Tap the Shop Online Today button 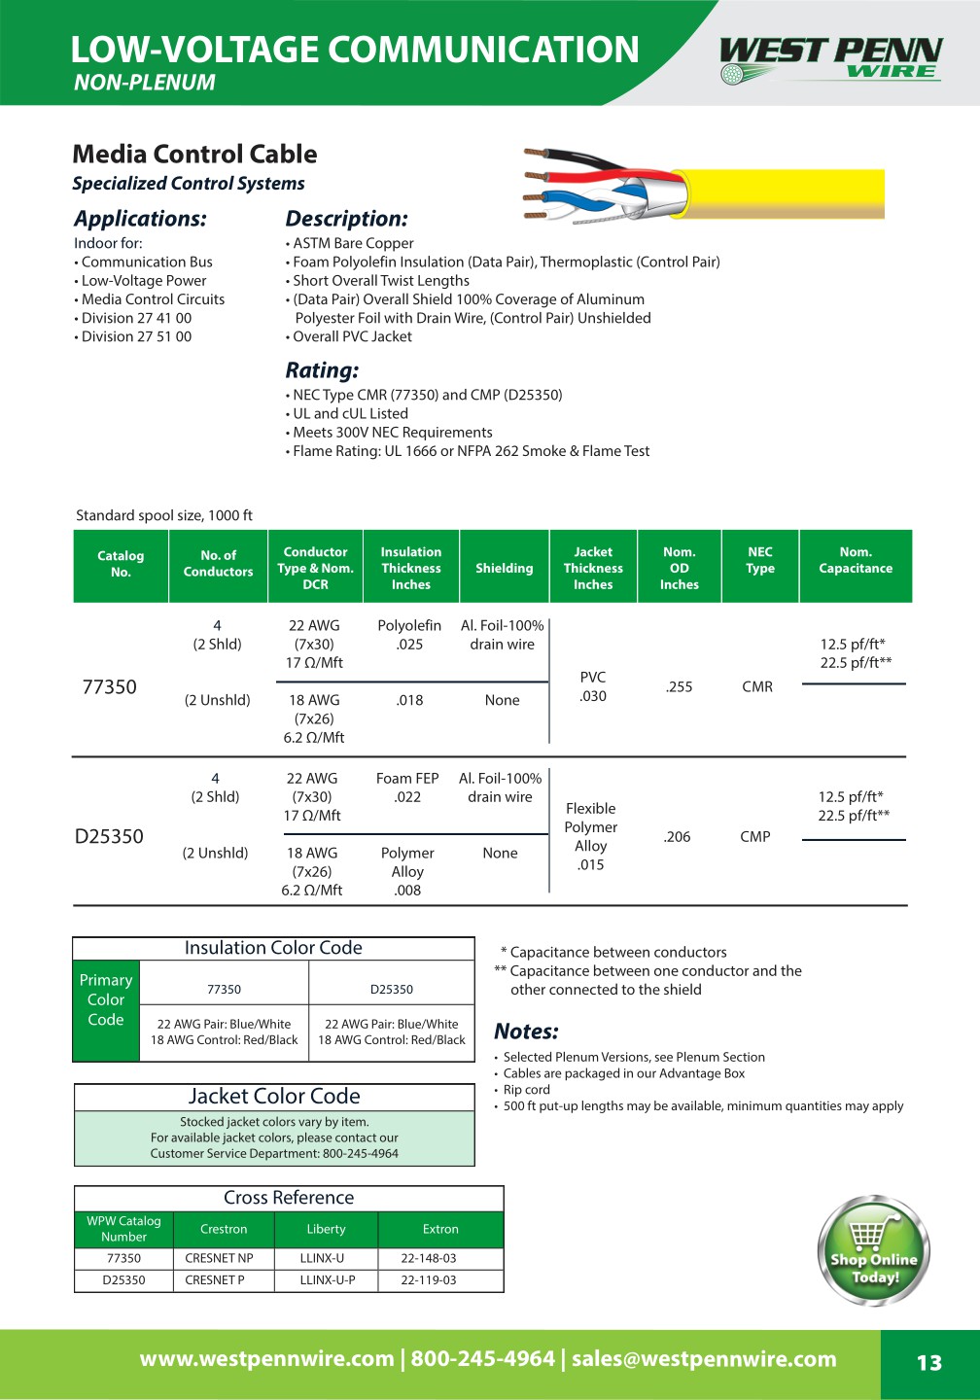tap(873, 1251)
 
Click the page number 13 tap(929, 1363)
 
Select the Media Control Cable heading tap(194, 155)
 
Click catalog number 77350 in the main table tap(110, 687)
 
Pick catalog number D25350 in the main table tap(109, 837)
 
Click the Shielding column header tap(504, 569)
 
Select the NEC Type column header tap(760, 560)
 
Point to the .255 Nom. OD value tap(679, 687)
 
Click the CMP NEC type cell tap(755, 837)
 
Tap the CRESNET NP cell tap(219, 1258)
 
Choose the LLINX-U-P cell tap(328, 1280)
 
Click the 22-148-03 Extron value tap(429, 1258)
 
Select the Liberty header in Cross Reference tap(326, 1230)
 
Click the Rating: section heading tap(322, 370)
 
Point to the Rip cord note tap(527, 1090)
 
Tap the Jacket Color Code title tap(274, 1097)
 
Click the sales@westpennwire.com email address tap(704, 1359)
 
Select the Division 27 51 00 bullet tap(136, 336)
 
